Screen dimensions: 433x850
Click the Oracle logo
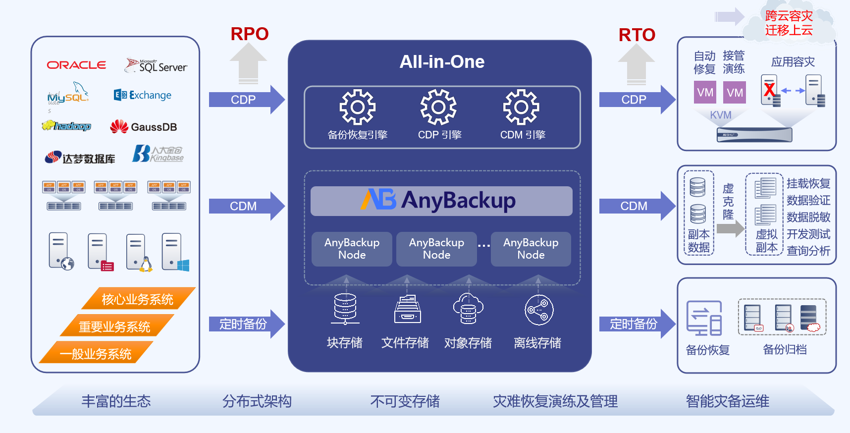(x=76, y=65)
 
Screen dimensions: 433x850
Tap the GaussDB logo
(x=144, y=127)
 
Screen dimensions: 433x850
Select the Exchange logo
(x=143, y=95)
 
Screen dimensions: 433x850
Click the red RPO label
(x=250, y=34)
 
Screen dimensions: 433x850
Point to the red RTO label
(x=637, y=35)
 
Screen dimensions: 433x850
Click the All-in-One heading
(x=442, y=62)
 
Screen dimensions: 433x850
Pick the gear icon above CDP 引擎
(x=439, y=107)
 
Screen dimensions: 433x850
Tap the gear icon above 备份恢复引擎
(x=358, y=107)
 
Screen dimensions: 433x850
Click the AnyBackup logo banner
(x=441, y=201)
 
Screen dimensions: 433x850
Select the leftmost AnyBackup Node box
(x=352, y=249)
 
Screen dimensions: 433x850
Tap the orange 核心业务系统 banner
(x=138, y=299)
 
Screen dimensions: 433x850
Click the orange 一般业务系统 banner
(x=96, y=353)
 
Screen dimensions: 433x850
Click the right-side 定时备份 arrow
(x=637, y=324)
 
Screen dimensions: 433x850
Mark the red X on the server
(x=769, y=90)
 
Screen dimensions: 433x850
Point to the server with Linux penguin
(x=138, y=252)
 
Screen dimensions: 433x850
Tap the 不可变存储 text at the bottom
(x=405, y=401)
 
